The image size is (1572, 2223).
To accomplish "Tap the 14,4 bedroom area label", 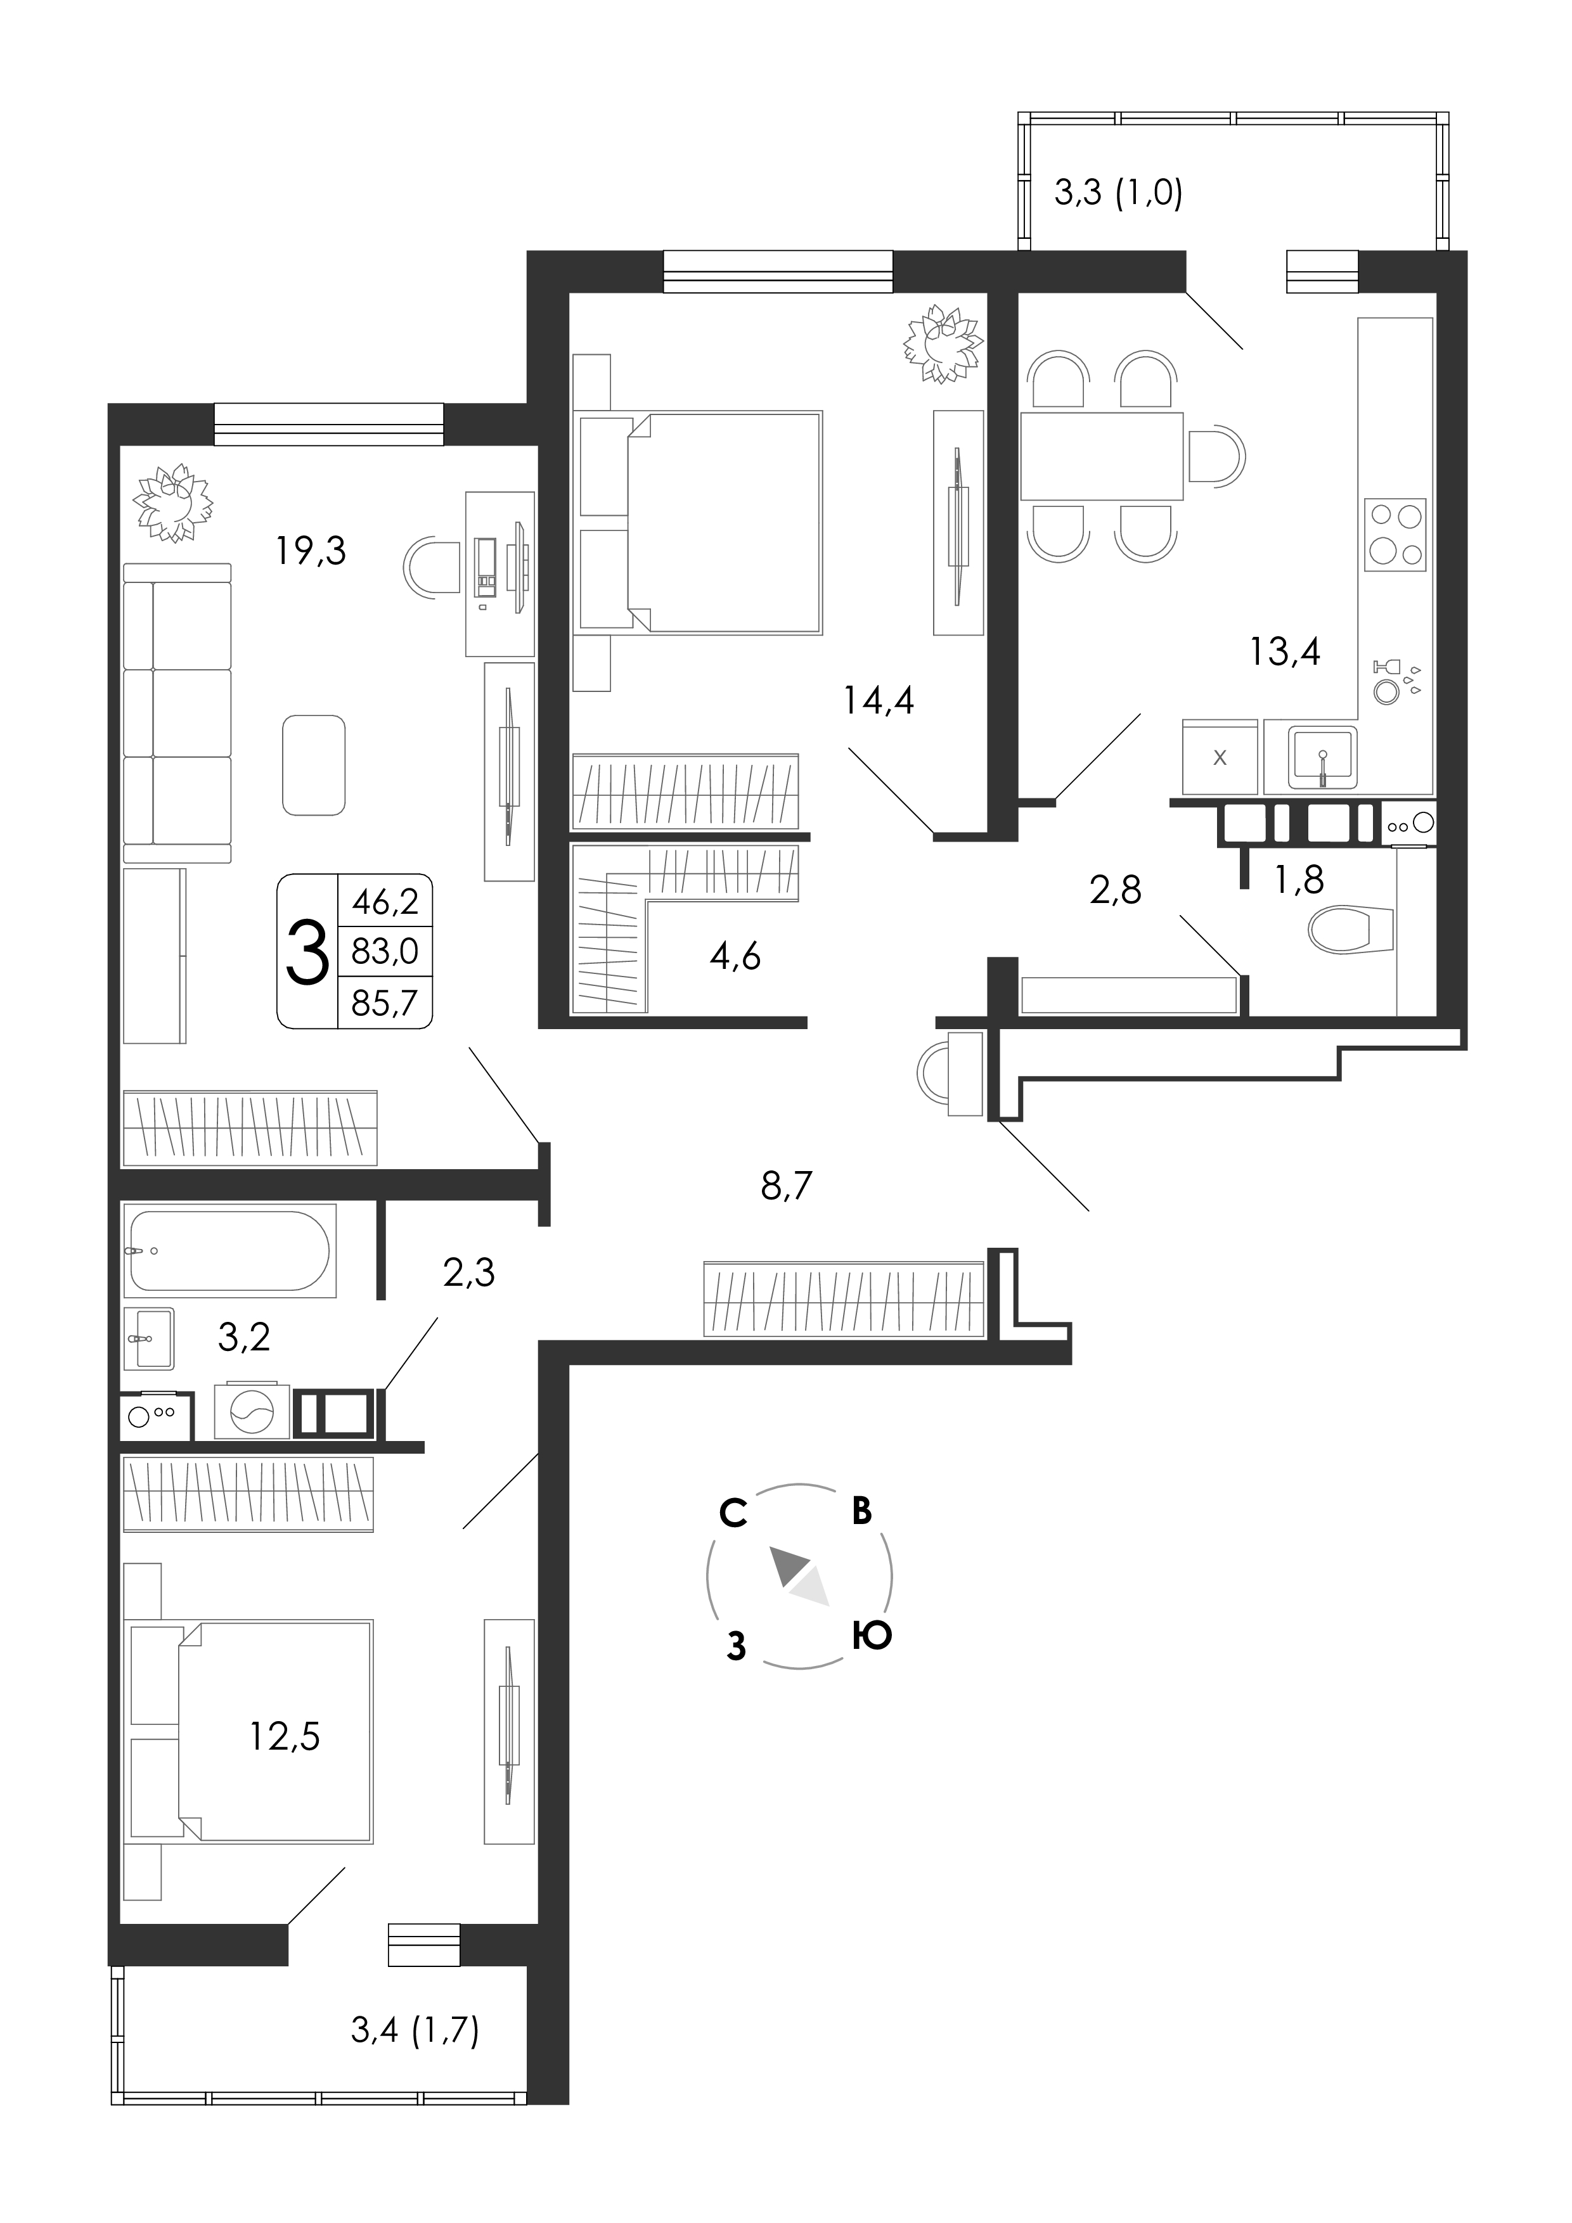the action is [x=879, y=700].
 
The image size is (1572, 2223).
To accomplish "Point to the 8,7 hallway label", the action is [x=787, y=1185].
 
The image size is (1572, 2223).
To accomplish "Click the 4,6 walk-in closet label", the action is [x=735, y=957].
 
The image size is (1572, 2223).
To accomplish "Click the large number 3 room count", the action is [x=309, y=952].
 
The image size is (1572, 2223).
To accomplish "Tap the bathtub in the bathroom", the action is [x=229, y=1250].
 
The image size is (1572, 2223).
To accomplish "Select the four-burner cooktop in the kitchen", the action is [x=1395, y=534].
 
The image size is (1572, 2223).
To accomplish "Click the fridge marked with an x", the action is [x=1220, y=757].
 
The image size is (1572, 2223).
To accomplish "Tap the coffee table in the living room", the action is [x=314, y=765].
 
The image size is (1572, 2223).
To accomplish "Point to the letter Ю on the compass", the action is [x=872, y=1636].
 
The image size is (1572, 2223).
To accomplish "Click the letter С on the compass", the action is [x=733, y=1513].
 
